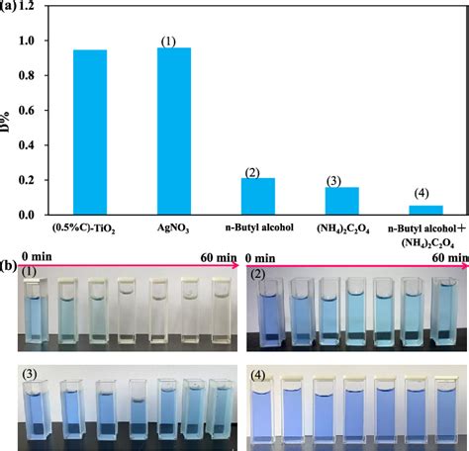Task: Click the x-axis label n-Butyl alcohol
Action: click(257, 226)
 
